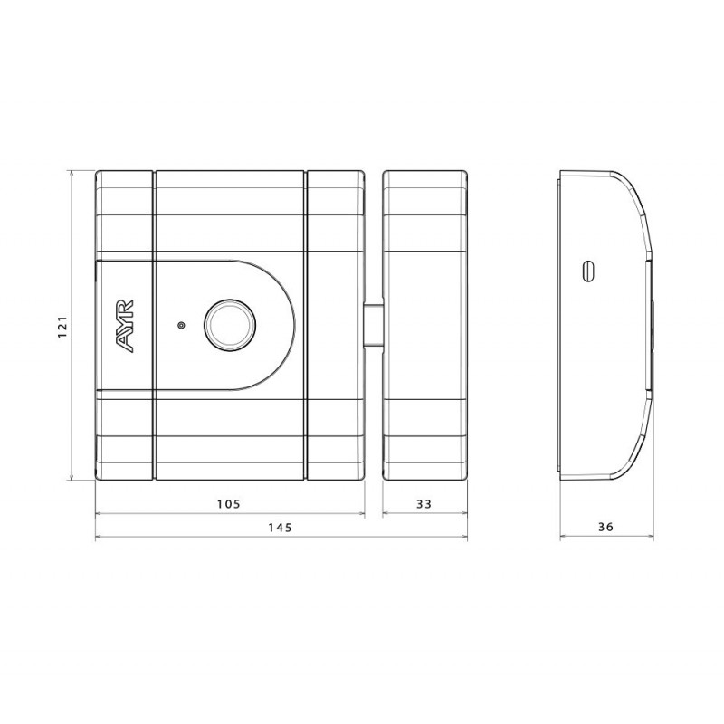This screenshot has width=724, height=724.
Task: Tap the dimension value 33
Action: (424, 503)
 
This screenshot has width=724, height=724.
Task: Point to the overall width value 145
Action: (281, 529)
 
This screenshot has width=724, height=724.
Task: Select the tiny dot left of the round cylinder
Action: (181, 325)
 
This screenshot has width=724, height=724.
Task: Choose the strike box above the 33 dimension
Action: (424, 325)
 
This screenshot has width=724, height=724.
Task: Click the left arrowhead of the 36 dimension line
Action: (563, 538)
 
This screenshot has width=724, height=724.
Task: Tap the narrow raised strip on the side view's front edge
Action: (651, 325)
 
